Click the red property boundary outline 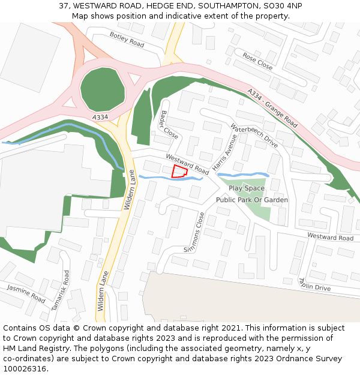coord(179,171)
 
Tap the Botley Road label coord(127,40)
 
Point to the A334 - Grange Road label coord(272,108)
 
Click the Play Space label coord(246,188)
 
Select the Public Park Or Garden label coord(252,200)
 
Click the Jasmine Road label coord(26,293)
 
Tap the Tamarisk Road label coord(60,290)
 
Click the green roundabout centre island coord(103,89)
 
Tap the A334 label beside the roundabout coord(100,117)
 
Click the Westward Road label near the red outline coord(187,164)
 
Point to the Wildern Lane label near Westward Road coord(129,190)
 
